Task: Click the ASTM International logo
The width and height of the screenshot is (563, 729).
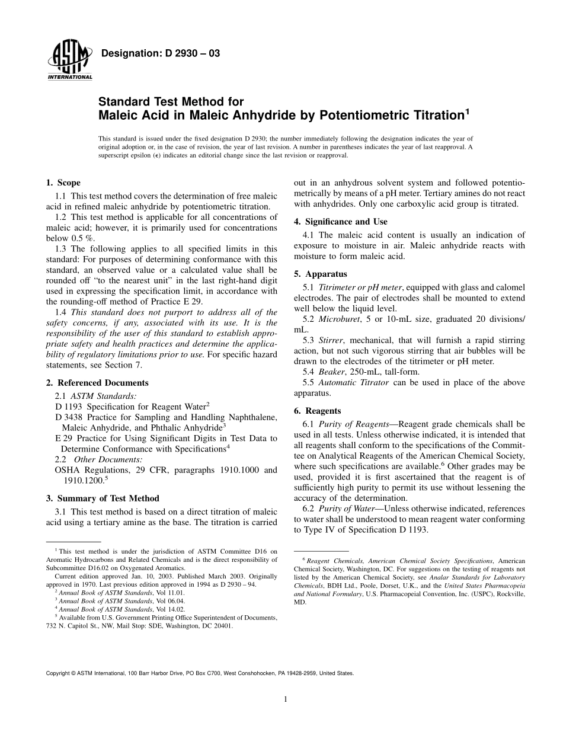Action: [x=69, y=61]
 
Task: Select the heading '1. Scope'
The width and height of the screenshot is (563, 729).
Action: [x=63, y=183]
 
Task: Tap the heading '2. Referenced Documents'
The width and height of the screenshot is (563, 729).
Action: [x=97, y=383]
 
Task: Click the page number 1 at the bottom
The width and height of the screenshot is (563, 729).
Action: [x=286, y=699]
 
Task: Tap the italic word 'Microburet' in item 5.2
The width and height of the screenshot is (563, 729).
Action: [x=339, y=319]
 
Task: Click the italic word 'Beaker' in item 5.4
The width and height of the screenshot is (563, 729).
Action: [x=331, y=372]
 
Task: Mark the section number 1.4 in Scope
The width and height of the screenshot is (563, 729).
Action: [x=60, y=312]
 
